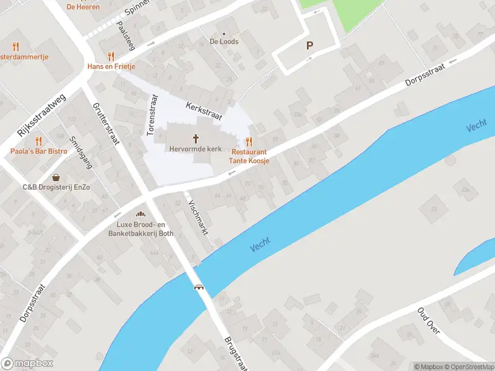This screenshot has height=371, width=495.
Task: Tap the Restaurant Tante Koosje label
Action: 249,156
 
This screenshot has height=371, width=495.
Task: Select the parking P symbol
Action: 309,45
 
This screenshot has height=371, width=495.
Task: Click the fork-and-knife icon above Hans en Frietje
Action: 111,56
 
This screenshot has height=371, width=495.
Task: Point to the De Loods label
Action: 224,42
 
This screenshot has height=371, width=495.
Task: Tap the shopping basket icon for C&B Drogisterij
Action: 56,177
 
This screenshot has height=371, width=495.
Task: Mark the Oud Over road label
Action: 428,321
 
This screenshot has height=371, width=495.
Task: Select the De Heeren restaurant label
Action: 83,7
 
